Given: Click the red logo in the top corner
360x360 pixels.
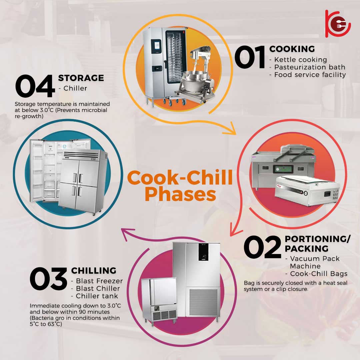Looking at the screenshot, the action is pos(338,24).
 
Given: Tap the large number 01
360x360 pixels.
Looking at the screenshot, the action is pos(250,57).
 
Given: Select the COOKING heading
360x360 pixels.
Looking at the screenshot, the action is pos(292,49).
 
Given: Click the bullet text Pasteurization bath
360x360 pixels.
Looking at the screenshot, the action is pos(310,67).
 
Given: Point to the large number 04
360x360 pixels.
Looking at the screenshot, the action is pos(35,86).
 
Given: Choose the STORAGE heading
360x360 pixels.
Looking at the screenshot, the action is pos(81,78).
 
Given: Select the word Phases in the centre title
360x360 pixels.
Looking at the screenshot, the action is pos(180,194).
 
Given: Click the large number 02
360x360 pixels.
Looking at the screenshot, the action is pos(262,247).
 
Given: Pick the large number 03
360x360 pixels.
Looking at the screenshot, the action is pos(48,279).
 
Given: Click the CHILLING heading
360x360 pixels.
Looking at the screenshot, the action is pos(94,270).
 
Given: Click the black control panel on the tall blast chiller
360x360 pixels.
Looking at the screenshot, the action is pos(203,252).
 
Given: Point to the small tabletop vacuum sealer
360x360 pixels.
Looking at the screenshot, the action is pos(307,190).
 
